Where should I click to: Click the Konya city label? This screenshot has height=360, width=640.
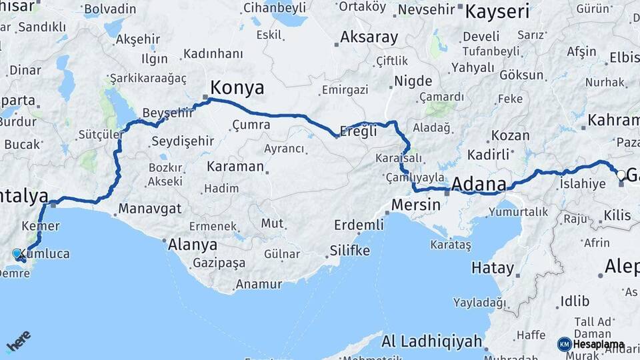pos(237,88)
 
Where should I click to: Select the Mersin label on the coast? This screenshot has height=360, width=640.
pos(416,205)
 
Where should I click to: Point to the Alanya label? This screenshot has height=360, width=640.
pos(193,244)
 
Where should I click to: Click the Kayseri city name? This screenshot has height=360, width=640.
pos(497,11)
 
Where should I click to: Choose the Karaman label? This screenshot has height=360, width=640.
pos(235,166)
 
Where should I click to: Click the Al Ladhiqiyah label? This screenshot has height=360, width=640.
pos(431,342)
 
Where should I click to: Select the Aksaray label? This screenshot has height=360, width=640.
pos(369,37)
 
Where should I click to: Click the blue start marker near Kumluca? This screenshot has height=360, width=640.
pos(17,253)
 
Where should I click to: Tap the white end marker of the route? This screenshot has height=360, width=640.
pos(621,175)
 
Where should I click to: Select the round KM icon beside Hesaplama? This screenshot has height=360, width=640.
pos(564,344)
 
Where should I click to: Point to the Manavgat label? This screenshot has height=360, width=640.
pos(150,209)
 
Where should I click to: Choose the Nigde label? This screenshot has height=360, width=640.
pos(413,81)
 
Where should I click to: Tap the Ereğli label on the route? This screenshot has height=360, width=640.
pos(359,131)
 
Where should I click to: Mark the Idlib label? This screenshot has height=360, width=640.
pos(574,301)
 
